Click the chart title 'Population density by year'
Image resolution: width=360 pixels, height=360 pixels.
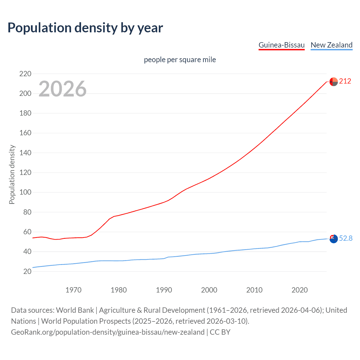pyautogui.click(x=85, y=28)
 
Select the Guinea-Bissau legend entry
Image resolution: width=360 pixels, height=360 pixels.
pyautogui.click(x=281, y=45)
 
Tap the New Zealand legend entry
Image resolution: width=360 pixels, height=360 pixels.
pyautogui.click(x=331, y=45)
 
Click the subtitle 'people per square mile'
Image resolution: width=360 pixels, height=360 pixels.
pyautogui.click(x=180, y=60)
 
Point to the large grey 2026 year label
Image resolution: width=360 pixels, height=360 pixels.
pyautogui.click(x=62, y=89)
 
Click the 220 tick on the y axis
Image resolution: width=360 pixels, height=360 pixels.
pyautogui.click(x=25, y=74)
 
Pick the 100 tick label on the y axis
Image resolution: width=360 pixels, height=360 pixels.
pyautogui.click(x=25, y=192)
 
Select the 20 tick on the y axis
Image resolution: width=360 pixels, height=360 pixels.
pyautogui.click(x=27, y=271)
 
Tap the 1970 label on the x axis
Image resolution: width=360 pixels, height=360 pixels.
pyautogui.click(x=73, y=290)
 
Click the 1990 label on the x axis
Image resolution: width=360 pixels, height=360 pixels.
pyautogui.click(x=164, y=290)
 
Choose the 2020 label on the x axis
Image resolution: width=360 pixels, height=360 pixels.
pyautogui.click(x=300, y=290)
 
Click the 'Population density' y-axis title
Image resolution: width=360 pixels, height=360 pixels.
pyautogui.click(x=12, y=174)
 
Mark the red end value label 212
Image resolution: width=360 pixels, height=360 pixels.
pyautogui.click(x=345, y=81)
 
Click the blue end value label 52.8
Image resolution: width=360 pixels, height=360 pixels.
pyautogui.click(x=346, y=238)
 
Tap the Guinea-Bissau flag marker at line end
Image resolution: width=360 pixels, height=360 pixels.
pyautogui.click(x=334, y=82)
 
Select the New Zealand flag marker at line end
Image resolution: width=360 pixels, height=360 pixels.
pyautogui.click(x=334, y=239)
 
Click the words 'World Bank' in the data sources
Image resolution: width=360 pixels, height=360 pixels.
pyautogui.click(x=75, y=310)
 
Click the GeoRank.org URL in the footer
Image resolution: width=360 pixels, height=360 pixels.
pyautogui.click(x=108, y=332)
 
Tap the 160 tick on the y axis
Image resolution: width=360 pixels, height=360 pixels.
pyautogui.click(x=25, y=133)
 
